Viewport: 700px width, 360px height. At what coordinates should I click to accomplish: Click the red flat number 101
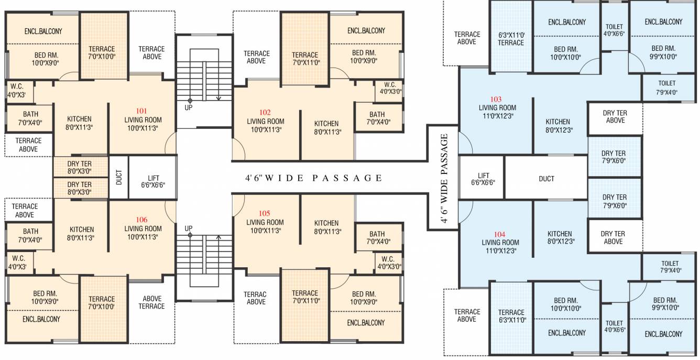pyautogui.click(x=141, y=111)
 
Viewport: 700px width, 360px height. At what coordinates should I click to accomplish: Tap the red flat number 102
pyautogui.click(x=265, y=113)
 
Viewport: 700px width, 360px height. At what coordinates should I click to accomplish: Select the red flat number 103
pyautogui.click(x=496, y=100)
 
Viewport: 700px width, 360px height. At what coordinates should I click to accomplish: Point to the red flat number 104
pyautogui.click(x=499, y=234)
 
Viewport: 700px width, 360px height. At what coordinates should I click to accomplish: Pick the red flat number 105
pyautogui.click(x=264, y=213)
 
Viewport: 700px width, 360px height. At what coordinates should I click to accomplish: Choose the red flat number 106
pyautogui.click(x=141, y=220)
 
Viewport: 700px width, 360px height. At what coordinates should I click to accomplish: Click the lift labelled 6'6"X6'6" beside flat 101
pyautogui.click(x=153, y=178)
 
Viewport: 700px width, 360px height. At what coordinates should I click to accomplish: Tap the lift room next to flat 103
pyautogui.click(x=482, y=178)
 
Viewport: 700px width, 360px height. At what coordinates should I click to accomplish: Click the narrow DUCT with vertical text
pyautogui.click(x=119, y=177)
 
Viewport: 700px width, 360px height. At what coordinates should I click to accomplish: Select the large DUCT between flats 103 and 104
pyautogui.click(x=546, y=178)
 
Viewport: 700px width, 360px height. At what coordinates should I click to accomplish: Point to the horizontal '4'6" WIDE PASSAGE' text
pyautogui.click(x=313, y=178)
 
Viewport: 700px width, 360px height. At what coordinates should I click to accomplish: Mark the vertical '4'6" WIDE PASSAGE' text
pyautogui.click(x=444, y=178)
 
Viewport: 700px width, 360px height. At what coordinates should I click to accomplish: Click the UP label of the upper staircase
pyautogui.click(x=189, y=107)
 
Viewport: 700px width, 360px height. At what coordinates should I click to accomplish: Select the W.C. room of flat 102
pyautogui.click(x=388, y=91)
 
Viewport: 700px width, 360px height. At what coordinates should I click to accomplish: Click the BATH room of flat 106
pyautogui.click(x=30, y=236)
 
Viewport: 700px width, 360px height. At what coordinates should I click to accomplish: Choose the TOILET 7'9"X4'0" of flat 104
pyautogui.click(x=669, y=267)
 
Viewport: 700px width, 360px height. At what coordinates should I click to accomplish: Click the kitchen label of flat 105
pyautogui.click(x=326, y=227)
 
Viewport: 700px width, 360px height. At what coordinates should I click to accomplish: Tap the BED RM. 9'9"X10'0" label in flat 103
pyautogui.click(x=663, y=52)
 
